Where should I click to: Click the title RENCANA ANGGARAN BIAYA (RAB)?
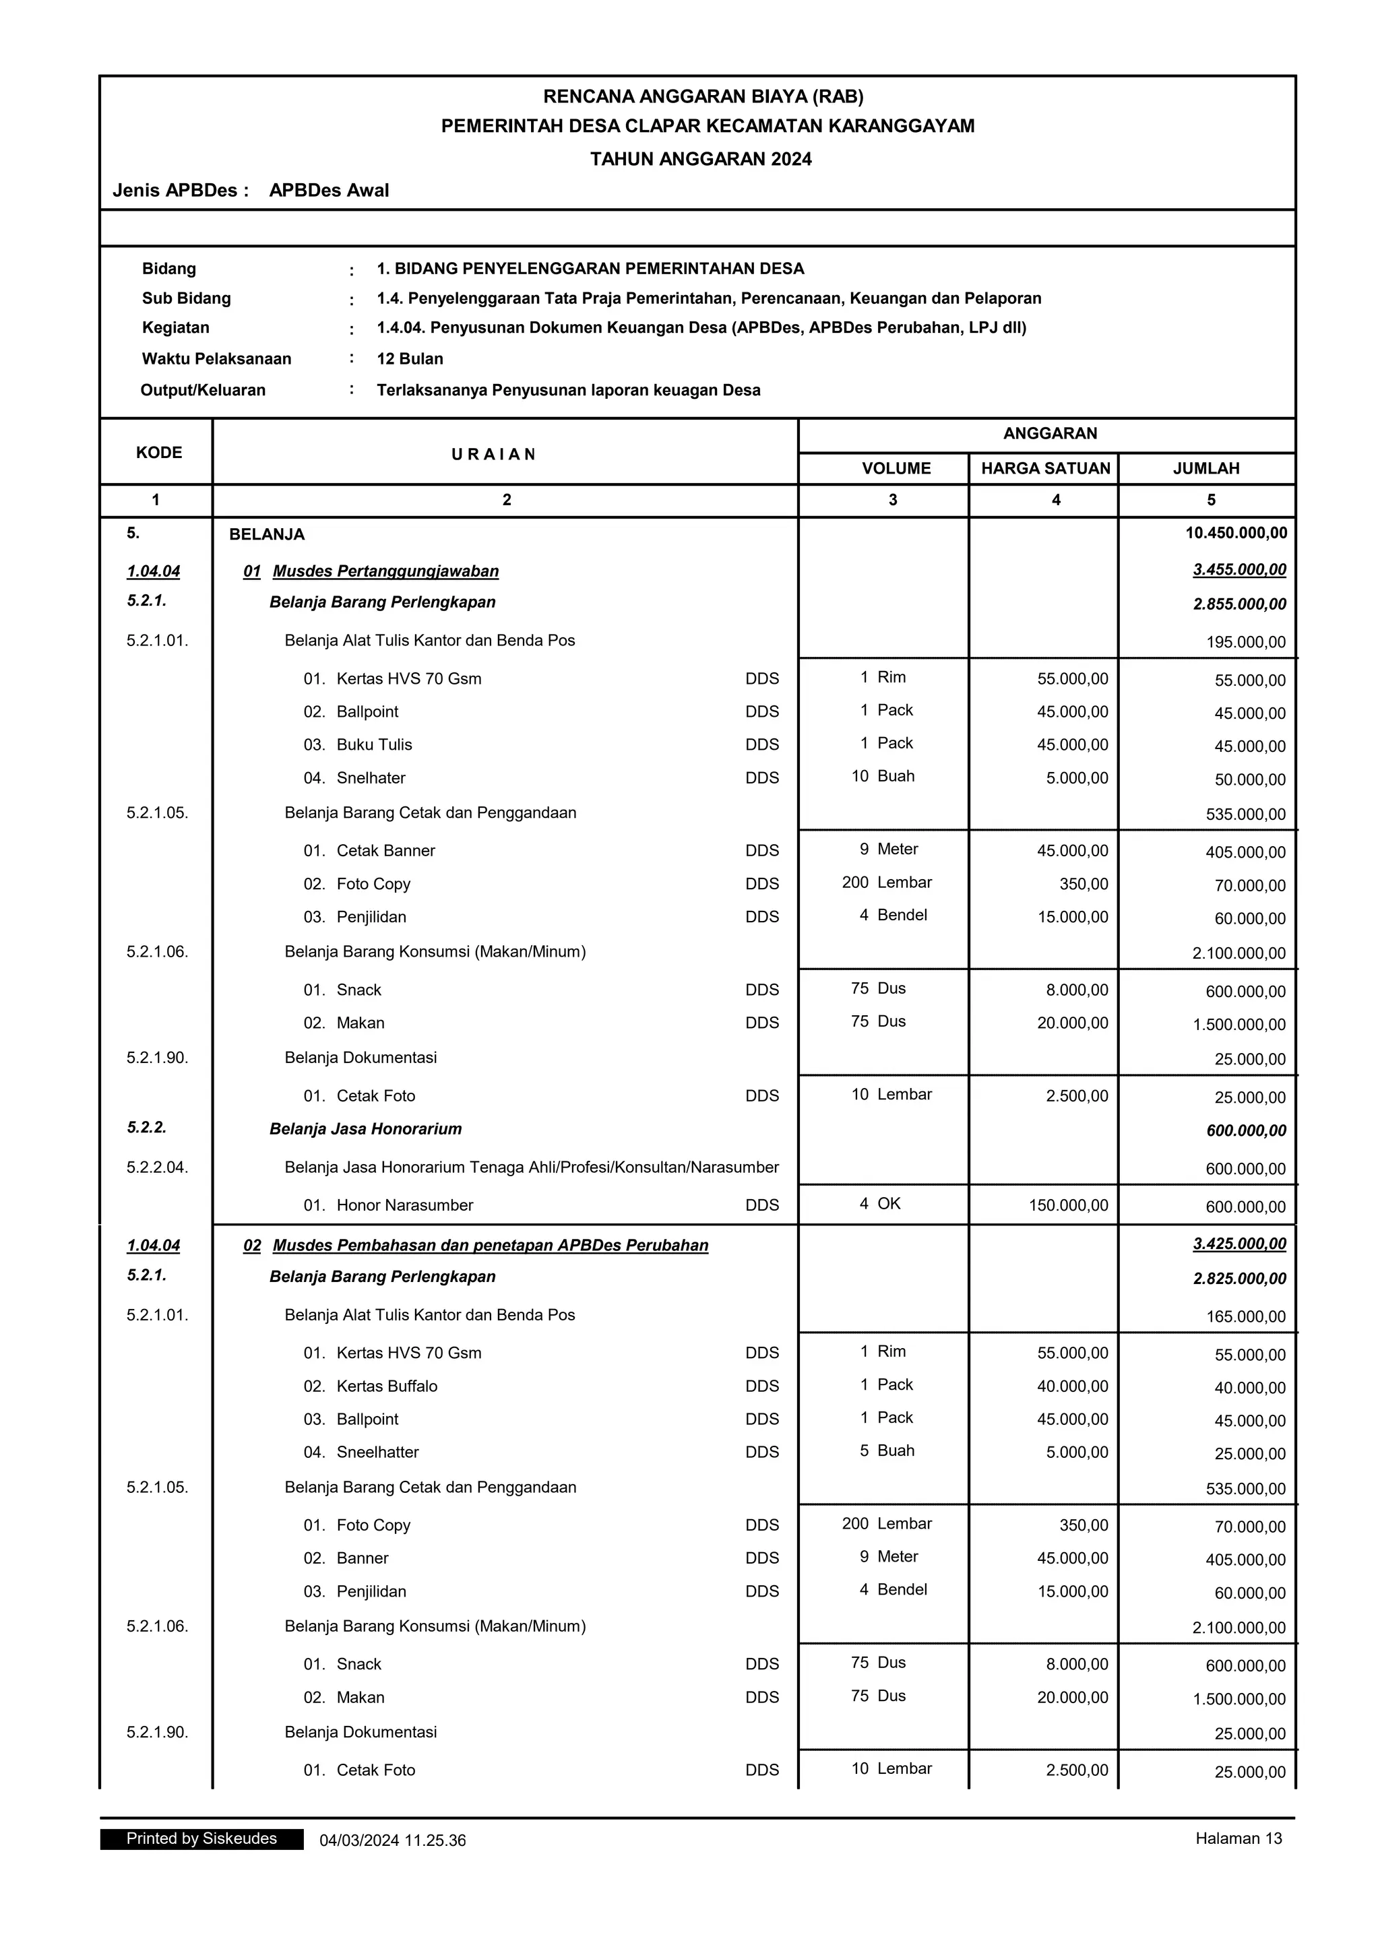pyautogui.click(x=703, y=96)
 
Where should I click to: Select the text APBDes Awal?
pyautogui.click(x=329, y=191)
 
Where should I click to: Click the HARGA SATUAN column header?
pyautogui.click(x=1045, y=468)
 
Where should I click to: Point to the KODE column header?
pyautogui.click(x=159, y=452)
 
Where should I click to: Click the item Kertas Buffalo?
pyautogui.click(x=387, y=1386)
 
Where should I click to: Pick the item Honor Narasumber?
pyautogui.click(x=404, y=1205)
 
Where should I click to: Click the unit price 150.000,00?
pyautogui.click(x=1068, y=1205)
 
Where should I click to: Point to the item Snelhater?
pyautogui.click(x=371, y=777)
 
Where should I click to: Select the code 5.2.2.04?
pyautogui.click(x=157, y=1167)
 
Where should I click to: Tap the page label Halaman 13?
pyautogui.click(x=1238, y=1838)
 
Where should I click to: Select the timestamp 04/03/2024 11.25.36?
pyautogui.click(x=393, y=1841)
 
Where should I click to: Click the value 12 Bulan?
pyautogui.click(x=410, y=358)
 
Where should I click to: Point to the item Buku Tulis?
pyautogui.click(x=374, y=744)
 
